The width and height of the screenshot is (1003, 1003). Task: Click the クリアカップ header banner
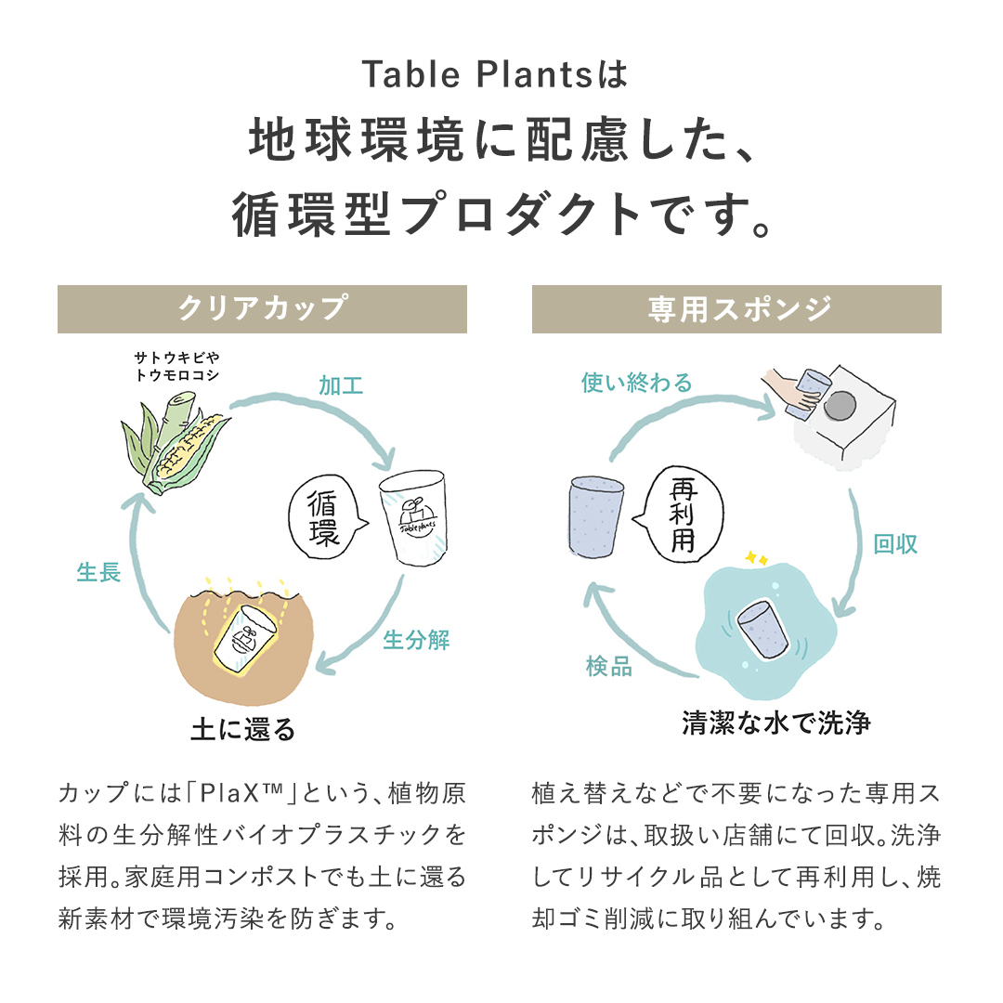[262, 308]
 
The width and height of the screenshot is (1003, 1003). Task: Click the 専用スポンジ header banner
[736, 308]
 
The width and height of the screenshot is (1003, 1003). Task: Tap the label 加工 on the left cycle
[341, 385]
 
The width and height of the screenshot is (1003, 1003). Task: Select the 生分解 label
[416, 640]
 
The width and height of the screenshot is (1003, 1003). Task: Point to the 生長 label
[98, 572]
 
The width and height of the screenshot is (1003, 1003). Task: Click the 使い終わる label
[637, 382]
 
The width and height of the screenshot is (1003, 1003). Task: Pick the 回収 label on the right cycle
[895, 544]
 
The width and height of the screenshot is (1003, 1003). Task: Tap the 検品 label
[609, 667]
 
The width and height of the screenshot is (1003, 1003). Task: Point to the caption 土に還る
[243, 729]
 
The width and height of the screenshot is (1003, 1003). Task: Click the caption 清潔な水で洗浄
[776, 723]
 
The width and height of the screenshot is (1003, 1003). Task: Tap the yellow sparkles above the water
[755, 559]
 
